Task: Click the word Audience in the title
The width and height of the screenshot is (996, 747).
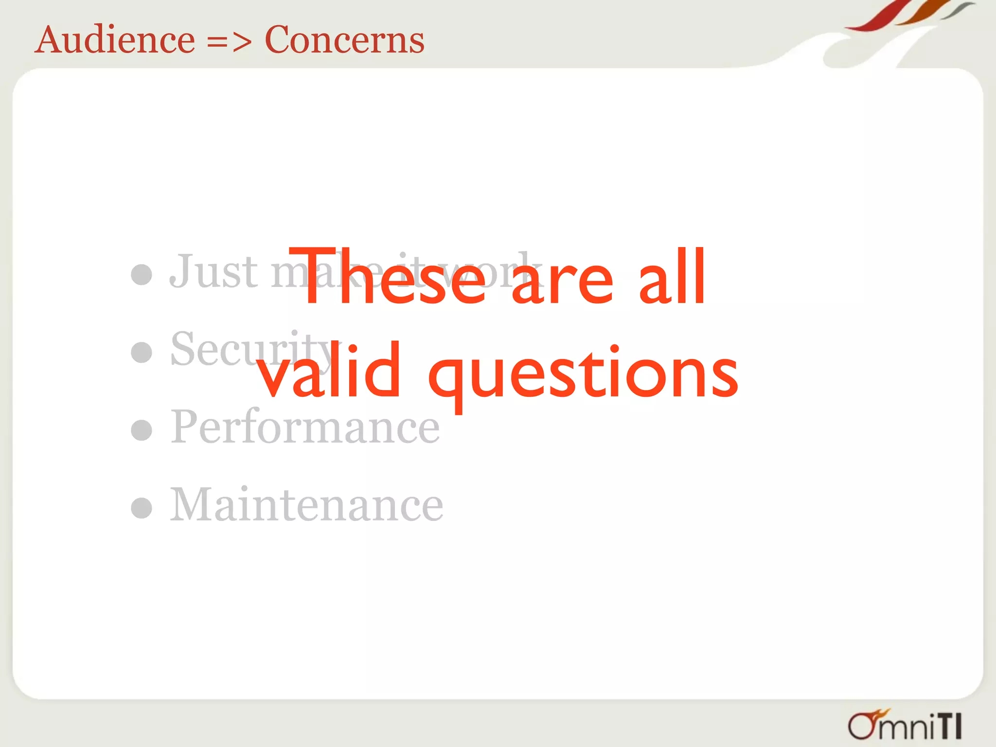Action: pyautogui.click(x=116, y=40)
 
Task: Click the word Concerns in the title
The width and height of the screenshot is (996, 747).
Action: pyautogui.click(x=344, y=40)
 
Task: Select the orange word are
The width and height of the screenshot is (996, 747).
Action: pyautogui.click(x=563, y=285)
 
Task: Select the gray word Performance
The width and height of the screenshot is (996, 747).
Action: pyautogui.click(x=305, y=427)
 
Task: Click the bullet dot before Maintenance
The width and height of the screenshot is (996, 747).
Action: pyautogui.click(x=142, y=508)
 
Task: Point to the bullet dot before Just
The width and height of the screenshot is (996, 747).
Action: pyautogui.click(x=142, y=274)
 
